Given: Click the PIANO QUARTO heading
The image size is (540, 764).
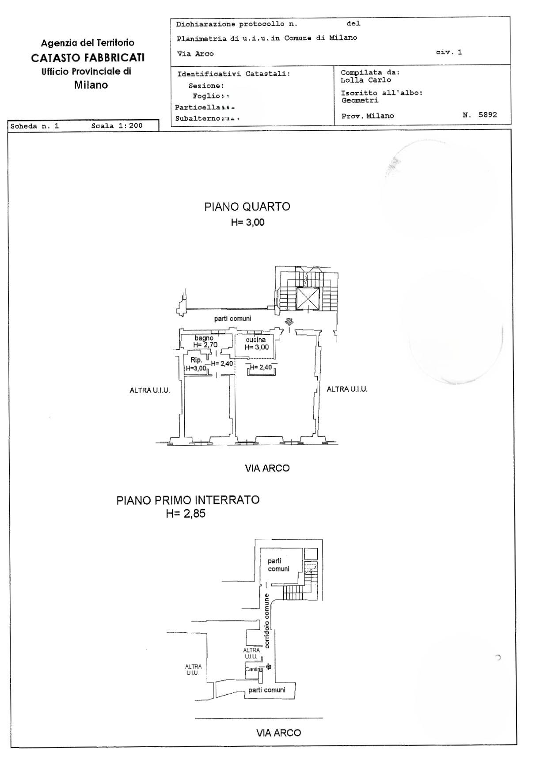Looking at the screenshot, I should tap(247, 207).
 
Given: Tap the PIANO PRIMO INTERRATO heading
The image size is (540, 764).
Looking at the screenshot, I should tap(188, 500).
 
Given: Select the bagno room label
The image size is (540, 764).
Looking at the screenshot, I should tap(204, 338).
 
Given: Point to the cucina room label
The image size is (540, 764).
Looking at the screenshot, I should tap(256, 340).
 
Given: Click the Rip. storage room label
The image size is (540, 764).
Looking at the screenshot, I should tap(196, 360).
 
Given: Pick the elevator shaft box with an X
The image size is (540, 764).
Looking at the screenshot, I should tap(308, 299).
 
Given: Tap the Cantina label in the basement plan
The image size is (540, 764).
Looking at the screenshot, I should tap(254, 669).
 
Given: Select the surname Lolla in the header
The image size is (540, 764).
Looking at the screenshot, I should tap(352, 80).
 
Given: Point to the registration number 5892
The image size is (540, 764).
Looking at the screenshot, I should tap(487, 115).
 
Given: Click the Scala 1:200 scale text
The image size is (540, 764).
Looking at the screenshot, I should tap(117, 126).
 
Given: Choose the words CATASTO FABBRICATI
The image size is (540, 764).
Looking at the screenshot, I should tap(88, 57).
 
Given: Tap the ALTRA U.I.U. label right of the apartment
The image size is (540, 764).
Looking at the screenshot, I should tap(347, 389).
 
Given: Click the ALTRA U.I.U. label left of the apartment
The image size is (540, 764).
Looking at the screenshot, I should tap(149, 390).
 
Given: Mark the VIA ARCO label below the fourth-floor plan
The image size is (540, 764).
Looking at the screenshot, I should tap(267, 468).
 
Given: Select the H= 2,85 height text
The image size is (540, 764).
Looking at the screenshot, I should tap(186, 513).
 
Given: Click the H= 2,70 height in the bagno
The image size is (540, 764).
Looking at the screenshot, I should tap(205, 345).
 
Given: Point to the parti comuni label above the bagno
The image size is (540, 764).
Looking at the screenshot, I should tap(232, 318).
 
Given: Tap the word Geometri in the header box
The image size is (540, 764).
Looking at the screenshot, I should tap(360, 100).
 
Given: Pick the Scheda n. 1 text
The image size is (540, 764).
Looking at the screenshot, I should tap(34, 126).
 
